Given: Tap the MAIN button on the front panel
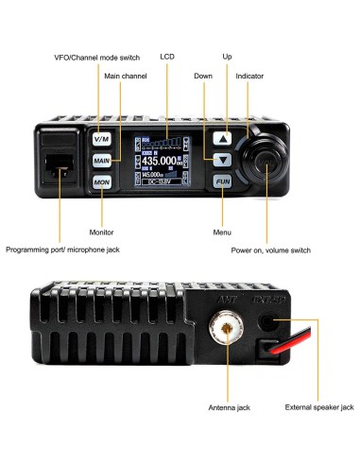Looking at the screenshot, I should click(x=102, y=160).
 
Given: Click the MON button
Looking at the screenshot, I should click(x=102, y=181).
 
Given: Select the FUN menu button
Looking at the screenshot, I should click(x=221, y=180).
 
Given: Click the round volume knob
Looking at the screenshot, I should click(x=267, y=165).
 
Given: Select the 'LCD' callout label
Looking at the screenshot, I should click(x=167, y=58).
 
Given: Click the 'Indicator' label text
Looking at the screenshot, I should click(x=249, y=75).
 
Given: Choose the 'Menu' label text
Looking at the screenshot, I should click(x=221, y=232).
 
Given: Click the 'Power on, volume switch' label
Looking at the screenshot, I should click(x=270, y=250).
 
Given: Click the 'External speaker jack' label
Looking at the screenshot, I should click(x=318, y=407).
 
